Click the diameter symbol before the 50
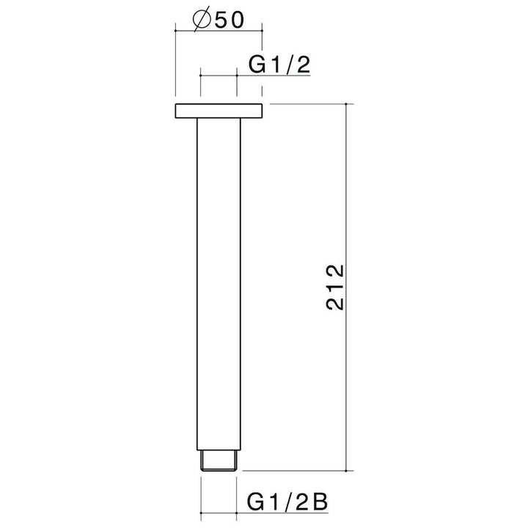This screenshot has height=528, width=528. (202, 21)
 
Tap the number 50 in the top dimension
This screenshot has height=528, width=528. (229, 21)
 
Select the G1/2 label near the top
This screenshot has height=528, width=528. (279, 65)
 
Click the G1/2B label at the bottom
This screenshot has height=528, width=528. (287, 502)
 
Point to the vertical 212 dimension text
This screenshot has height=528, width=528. (335, 287)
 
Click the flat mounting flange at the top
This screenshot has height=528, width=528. (219, 111)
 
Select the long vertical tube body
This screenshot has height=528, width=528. (219, 284)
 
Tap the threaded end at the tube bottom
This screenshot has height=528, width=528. (219, 460)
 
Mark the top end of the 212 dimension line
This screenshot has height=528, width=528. (346, 103)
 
